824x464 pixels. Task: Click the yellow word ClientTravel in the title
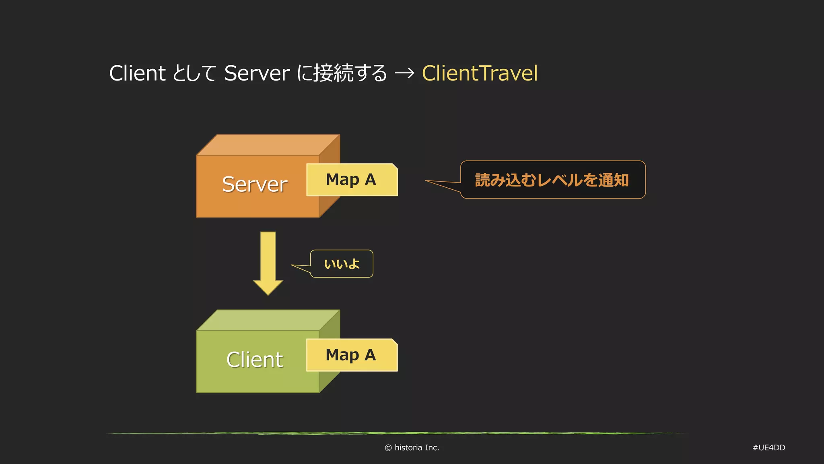pyautogui.click(x=480, y=73)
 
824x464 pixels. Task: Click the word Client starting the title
pyautogui.click(x=137, y=73)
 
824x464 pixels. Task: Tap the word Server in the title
pyautogui.click(x=257, y=73)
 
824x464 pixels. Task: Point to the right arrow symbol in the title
pyautogui.click(x=404, y=73)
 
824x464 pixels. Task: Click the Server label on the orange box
pyautogui.click(x=255, y=184)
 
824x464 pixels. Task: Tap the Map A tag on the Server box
pyautogui.click(x=351, y=180)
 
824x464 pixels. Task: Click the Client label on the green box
pyautogui.click(x=255, y=360)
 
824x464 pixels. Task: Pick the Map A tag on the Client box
pyautogui.click(x=351, y=355)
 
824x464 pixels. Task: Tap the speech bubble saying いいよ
pyautogui.click(x=342, y=264)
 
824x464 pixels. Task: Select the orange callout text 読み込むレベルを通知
pyautogui.click(x=552, y=180)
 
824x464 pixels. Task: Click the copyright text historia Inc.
pyautogui.click(x=416, y=448)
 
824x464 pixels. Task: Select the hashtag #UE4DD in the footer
pyautogui.click(x=769, y=448)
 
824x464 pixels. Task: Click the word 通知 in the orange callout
pyautogui.click(x=613, y=180)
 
